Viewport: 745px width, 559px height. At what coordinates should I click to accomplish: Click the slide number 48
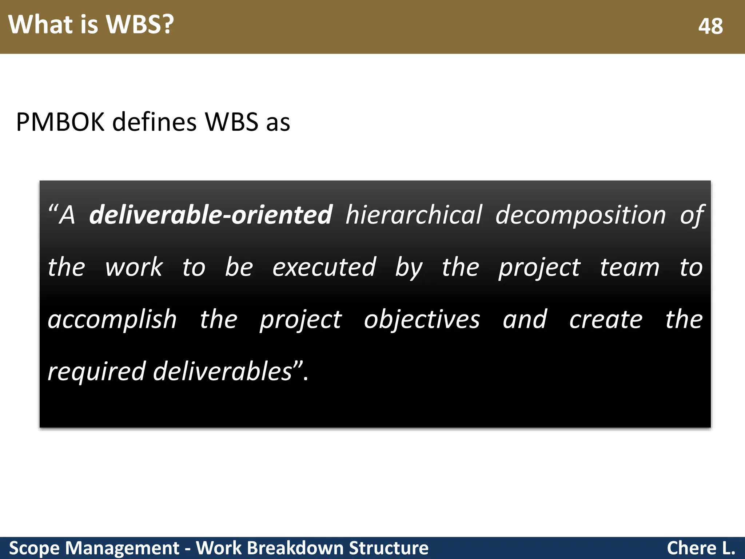pyautogui.click(x=710, y=26)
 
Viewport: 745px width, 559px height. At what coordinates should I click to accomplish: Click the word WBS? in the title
pyautogui.click(x=140, y=25)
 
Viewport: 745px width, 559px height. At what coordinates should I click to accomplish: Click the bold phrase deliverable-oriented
pyautogui.click(x=211, y=215)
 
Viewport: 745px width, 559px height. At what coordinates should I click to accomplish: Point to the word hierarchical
pyautogui.click(x=414, y=215)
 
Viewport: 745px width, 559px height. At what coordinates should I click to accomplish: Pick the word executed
pyautogui.click(x=324, y=267)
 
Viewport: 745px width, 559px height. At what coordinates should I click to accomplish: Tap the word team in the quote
pyautogui.click(x=629, y=267)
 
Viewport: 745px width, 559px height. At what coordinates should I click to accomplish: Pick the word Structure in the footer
pyautogui.click(x=389, y=548)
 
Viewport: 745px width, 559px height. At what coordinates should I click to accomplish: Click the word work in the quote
pyautogui.click(x=134, y=267)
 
